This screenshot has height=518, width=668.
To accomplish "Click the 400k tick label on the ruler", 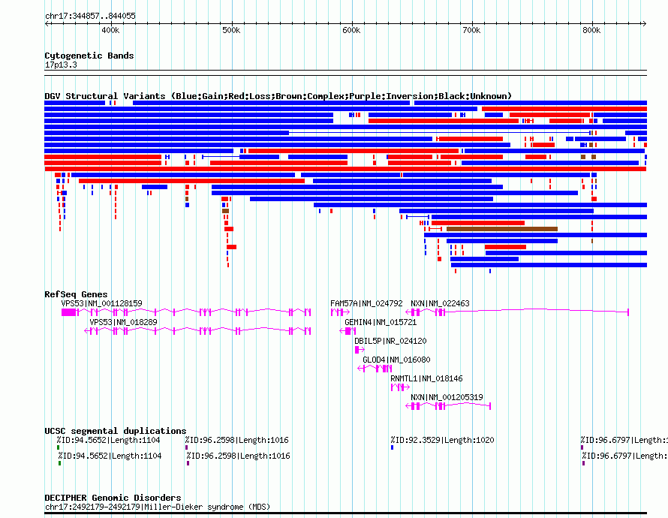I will (110, 31).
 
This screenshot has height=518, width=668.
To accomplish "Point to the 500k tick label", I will (231, 31).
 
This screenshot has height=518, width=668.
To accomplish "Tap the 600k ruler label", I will (351, 31).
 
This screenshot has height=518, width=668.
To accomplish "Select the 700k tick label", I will (471, 31).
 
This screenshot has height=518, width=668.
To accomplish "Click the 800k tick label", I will (591, 31).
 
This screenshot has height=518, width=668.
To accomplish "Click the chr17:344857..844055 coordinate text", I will (90, 16).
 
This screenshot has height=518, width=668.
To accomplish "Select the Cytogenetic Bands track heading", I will (89, 56).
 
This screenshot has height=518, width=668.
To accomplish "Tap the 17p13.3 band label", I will (61, 65).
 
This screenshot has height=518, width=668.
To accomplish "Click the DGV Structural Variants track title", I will (278, 96).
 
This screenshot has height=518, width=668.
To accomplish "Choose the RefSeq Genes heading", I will (76, 294).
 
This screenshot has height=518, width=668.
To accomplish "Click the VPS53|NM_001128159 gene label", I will (101, 303).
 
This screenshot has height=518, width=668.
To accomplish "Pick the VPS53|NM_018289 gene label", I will (124, 322).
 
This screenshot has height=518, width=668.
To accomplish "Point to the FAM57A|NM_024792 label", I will (366, 303).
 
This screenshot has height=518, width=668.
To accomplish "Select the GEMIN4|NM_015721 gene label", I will (381, 322).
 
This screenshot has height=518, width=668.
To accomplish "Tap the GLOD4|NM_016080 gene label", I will (396, 360).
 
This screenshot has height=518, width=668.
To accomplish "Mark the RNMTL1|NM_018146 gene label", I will (426, 378).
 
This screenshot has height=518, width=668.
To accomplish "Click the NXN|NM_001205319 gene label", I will (447, 397).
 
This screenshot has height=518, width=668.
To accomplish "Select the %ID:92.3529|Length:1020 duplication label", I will (442, 440).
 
